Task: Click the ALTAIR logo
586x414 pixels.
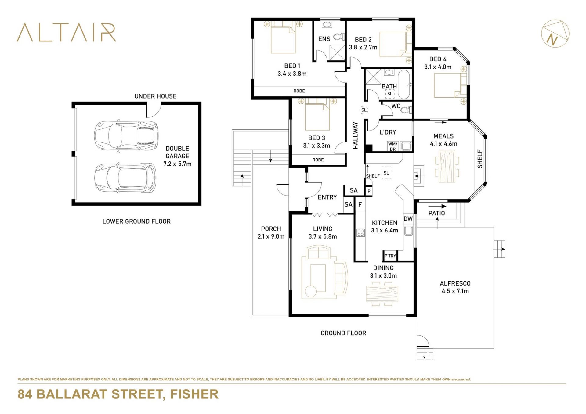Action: [67, 32]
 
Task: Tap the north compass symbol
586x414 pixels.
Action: [555, 34]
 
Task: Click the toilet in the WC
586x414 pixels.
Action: [406, 110]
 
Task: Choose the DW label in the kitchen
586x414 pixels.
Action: [408, 219]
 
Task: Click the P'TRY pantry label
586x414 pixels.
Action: [390, 256]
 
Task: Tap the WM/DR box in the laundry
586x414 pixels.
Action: [392, 146]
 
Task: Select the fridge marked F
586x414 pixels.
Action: [360, 205]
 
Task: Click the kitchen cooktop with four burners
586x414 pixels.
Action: [360, 233]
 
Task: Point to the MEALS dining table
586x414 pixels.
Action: [447, 167]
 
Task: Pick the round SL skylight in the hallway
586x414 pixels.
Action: [364, 110]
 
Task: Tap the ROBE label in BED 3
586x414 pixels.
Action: [318, 160]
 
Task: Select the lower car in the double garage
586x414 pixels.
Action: [125, 178]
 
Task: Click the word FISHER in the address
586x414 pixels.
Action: [194, 394]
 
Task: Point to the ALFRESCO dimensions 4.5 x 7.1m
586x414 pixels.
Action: [455, 291]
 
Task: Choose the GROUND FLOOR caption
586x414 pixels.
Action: [343, 333]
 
